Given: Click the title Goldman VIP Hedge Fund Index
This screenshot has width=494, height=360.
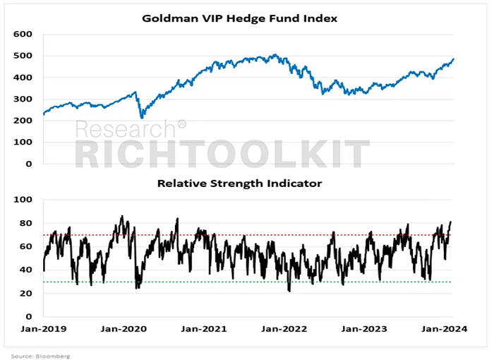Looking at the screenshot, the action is tap(239, 18).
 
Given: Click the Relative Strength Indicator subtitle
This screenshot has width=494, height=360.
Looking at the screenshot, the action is tap(239, 183).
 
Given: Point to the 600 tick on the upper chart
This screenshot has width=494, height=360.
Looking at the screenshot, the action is tap(23, 34).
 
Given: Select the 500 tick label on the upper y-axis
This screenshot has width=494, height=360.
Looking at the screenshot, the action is tap(23, 56).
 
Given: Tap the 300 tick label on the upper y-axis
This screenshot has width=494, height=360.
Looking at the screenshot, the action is tap(23, 99).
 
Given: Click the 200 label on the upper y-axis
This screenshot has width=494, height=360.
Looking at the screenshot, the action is tap(23, 121).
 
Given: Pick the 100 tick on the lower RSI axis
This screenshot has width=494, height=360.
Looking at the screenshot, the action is tap(23, 200).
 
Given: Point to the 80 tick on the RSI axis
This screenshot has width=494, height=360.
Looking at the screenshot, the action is tap(25, 223).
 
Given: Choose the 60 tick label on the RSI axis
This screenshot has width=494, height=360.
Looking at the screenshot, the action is tap(25, 246).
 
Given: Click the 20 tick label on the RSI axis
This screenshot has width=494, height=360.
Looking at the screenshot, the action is tap(25, 293).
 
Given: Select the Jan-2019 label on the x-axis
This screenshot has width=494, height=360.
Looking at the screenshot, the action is tap(44, 329).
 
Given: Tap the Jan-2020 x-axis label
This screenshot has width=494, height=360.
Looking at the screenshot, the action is tap(123, 329).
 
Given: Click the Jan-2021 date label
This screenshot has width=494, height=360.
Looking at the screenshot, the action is tap(204, 329).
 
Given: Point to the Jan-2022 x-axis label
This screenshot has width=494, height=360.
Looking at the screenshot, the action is tap(284, 329).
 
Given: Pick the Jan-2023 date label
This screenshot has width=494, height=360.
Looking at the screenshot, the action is tap(364, 329).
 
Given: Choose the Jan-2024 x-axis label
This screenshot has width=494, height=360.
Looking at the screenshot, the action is tap(444, 329).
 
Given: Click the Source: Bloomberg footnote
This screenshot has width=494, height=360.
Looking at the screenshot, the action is tap(40, 356).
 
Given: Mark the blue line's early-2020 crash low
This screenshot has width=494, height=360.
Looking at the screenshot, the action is tap(142, 118).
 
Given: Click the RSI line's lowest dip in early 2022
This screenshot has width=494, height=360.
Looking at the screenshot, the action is tap(289, 291).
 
